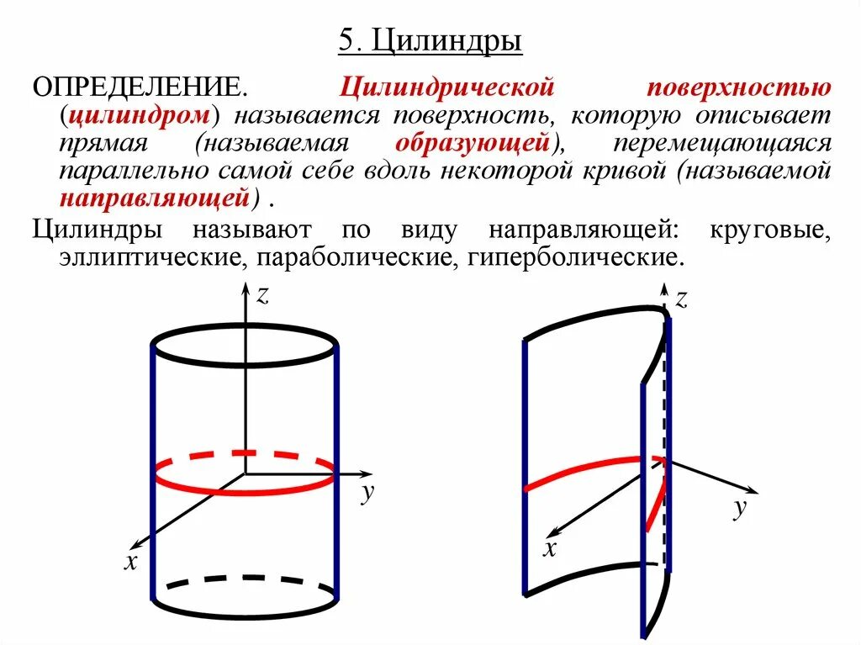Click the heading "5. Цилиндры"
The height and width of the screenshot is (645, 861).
point(430,40)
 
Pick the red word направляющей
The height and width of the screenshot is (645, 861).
point(156,198)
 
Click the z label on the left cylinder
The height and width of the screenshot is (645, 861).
point(262,294)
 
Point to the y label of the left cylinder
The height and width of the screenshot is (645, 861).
point(367,494)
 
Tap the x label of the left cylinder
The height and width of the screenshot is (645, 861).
point(130,562)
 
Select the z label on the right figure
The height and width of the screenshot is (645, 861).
point(682,299)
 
